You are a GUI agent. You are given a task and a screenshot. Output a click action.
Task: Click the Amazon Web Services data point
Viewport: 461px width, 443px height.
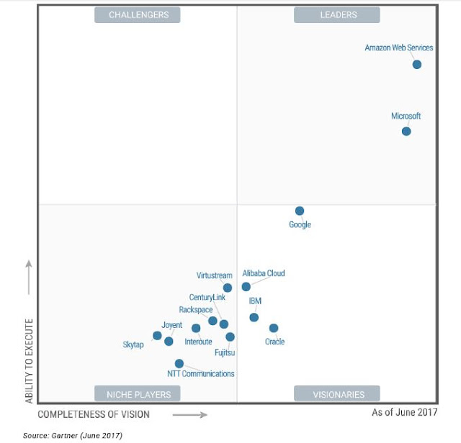pos(416,64)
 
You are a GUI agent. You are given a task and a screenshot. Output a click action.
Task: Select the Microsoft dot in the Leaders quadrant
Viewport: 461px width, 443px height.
pos(406,131)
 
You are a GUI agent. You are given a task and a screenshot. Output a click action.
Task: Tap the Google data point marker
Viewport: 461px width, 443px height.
pos(300,211)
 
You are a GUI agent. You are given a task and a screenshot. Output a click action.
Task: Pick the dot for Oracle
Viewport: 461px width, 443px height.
pos(274,328)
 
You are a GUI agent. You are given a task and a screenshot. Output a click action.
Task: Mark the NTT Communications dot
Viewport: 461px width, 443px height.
pos(179,363)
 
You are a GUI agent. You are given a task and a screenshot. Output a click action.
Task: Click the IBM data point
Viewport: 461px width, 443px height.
pos(254,317)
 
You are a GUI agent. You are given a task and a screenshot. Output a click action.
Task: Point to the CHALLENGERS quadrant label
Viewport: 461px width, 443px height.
pos(138,14)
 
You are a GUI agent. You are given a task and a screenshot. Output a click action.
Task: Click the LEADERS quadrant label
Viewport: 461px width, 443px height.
pos(338,14)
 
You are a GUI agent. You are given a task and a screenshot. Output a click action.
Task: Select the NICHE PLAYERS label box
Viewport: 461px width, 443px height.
pos(138,394)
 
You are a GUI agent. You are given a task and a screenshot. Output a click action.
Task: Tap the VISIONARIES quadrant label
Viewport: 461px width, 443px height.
pos(338,394)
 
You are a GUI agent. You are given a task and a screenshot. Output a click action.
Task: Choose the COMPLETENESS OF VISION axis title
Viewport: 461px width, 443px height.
pos(94,414)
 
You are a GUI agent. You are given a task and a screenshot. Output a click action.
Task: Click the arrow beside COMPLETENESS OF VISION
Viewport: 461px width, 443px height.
pos(190,414)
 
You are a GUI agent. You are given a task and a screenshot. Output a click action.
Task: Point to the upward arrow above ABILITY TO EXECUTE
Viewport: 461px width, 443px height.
pos(29,276)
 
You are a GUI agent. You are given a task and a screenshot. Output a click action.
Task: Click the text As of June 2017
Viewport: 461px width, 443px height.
pos(403,413)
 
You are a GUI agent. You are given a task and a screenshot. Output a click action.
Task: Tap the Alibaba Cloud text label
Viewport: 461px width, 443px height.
pos(264,273)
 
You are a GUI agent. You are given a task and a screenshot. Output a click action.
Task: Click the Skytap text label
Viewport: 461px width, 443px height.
pos(133,345)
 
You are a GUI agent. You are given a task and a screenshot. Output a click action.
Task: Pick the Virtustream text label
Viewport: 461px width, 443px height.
pos(214,275)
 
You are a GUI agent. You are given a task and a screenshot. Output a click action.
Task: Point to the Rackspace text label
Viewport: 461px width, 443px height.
pos(195,310)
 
